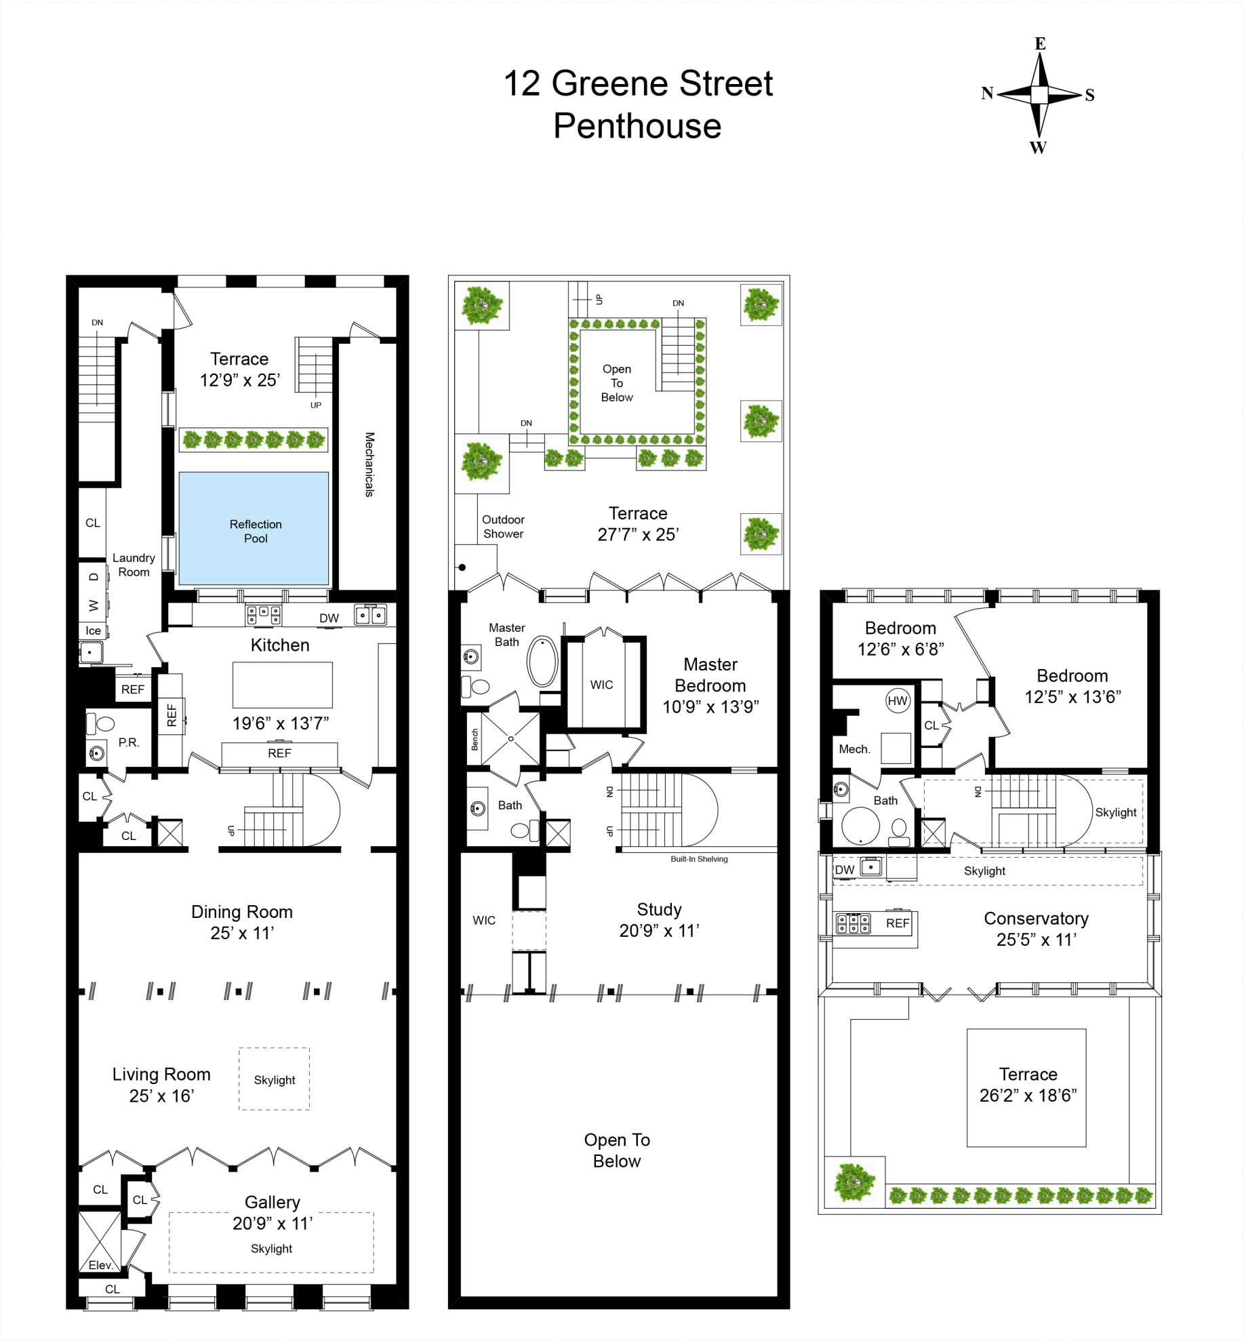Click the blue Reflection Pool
coord(254,529)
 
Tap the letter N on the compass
coord(987,94)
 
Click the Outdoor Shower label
coord(503,527)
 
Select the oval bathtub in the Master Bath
coord(542,660)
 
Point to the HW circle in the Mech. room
coord(897,701)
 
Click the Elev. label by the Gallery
coord(100,1265)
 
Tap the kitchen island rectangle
coord(282,685)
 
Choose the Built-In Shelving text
coord(699,859)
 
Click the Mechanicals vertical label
coord(369,464)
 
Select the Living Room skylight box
coord(274,1079)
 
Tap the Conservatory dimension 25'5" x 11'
coord(1036,940)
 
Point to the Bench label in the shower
coord(475,740)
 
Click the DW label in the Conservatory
coord(844,870)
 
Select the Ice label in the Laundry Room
coord(93,631)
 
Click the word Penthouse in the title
coord(637,126)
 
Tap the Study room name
coord(659,909)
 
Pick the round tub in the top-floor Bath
coord(860,826)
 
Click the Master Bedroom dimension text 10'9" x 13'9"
coord(710,707)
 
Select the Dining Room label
coord(241,912)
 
